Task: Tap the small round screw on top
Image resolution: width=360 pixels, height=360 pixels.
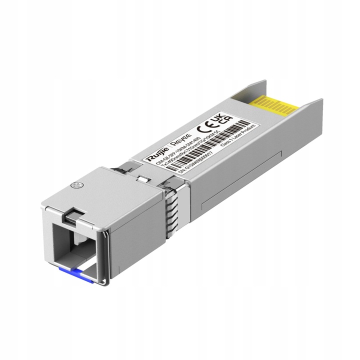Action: pos(77,185)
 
